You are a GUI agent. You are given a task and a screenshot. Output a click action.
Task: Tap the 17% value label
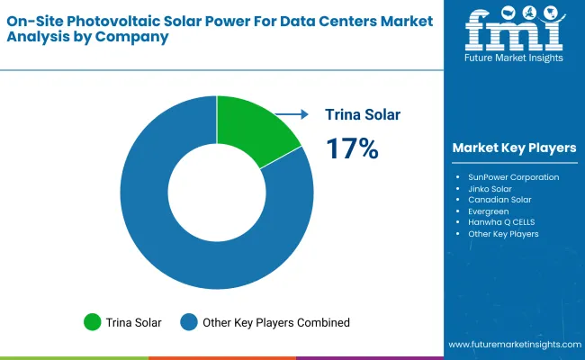tap(352, 148)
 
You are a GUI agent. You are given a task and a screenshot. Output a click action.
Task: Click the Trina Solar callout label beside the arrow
tap(363, 114)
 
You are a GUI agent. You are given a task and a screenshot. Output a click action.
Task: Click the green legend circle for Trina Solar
tap(92, 321)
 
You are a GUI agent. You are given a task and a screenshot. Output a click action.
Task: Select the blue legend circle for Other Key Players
tap(189, 321)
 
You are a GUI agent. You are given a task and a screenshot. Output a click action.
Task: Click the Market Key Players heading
tap(515, 148)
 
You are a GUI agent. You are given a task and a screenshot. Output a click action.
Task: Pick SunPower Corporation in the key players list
tap(513, 177)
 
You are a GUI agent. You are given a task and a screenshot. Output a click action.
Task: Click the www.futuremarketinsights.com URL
tap(514, 345)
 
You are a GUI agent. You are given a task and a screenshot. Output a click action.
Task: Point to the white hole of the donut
tap(217, 192)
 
